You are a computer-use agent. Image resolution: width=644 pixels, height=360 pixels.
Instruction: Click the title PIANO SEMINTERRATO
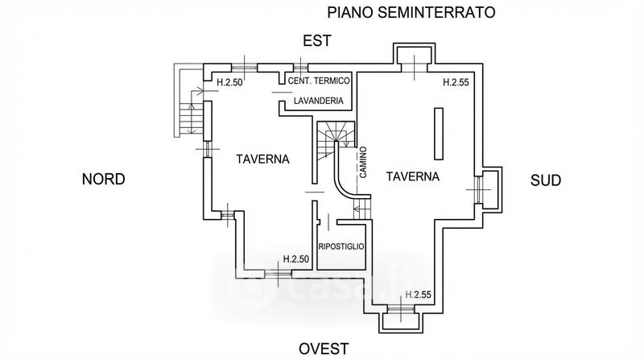(409, 12)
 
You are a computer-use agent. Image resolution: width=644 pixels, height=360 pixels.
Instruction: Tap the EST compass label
(317, 42)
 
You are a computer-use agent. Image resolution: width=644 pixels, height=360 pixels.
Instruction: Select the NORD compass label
(104, 180)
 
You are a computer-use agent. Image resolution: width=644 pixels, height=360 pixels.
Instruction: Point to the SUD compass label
(545, 180)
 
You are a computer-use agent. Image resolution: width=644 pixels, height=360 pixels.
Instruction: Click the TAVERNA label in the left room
(262, 159)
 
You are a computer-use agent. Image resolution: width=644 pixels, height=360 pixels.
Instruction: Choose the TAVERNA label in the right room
(412, 176)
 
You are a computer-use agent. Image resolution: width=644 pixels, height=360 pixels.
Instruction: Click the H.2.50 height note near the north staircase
(230, 81)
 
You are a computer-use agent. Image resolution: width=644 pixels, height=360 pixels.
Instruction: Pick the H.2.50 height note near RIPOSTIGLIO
(296, 259)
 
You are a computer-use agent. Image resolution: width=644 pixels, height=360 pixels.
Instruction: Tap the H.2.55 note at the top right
(457, 82)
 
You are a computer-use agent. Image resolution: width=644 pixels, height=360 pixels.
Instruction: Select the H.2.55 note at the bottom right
(419, 295)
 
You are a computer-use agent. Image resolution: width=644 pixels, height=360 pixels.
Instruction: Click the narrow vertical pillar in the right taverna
(440, 133)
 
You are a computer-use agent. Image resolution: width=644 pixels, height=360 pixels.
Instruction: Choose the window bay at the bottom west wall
(399, 320)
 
